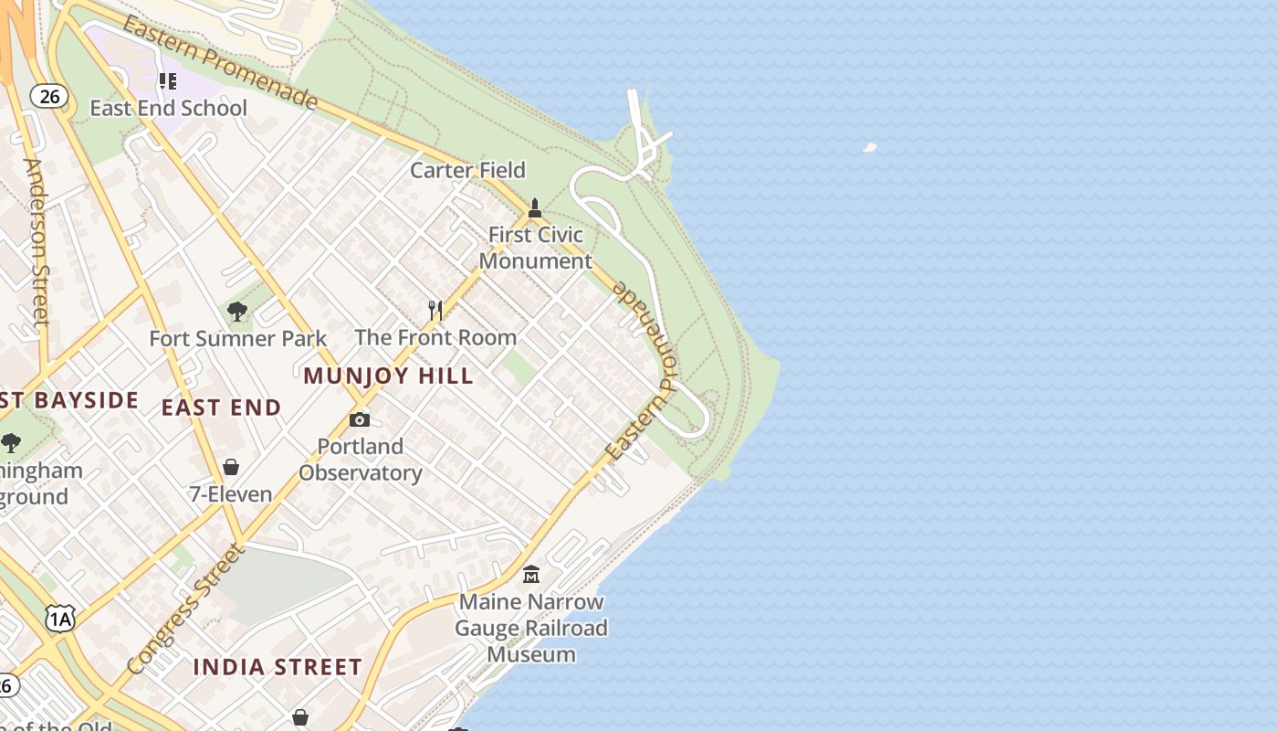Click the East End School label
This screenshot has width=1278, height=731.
(x=168, y=108)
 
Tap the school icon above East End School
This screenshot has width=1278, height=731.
(x=167, y=81)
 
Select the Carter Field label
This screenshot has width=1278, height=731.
(x=467, y=170)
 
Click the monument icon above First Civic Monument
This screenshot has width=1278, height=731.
(x=535, y=208)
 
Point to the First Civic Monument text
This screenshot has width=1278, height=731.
(x=536, y=248)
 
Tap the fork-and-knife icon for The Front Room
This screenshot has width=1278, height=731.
(x=435, y=311)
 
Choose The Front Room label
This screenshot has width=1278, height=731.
(x=435, y=337)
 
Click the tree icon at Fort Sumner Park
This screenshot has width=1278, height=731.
(x=237, y=312)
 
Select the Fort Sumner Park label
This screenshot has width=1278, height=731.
(x=237, y=339)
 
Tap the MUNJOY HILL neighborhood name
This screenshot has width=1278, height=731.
(x=388, y=376)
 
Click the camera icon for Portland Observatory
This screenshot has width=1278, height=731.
(x=360, y=419)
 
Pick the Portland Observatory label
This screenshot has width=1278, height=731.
(x=360, y=460)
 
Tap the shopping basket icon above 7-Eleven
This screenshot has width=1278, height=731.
(x=231, y=467)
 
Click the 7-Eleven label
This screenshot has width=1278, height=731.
(x=231, y=494)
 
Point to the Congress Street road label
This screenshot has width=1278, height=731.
(x=186, y=609)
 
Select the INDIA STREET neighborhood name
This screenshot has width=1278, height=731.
(x=278, y=667)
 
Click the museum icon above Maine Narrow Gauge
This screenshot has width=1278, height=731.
(x=530, y=575)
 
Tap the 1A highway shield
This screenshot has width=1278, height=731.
(x=59, y=620)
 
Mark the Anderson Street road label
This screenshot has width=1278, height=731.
(x=37, y=242)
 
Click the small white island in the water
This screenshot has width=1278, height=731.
(x=869, y=146)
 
